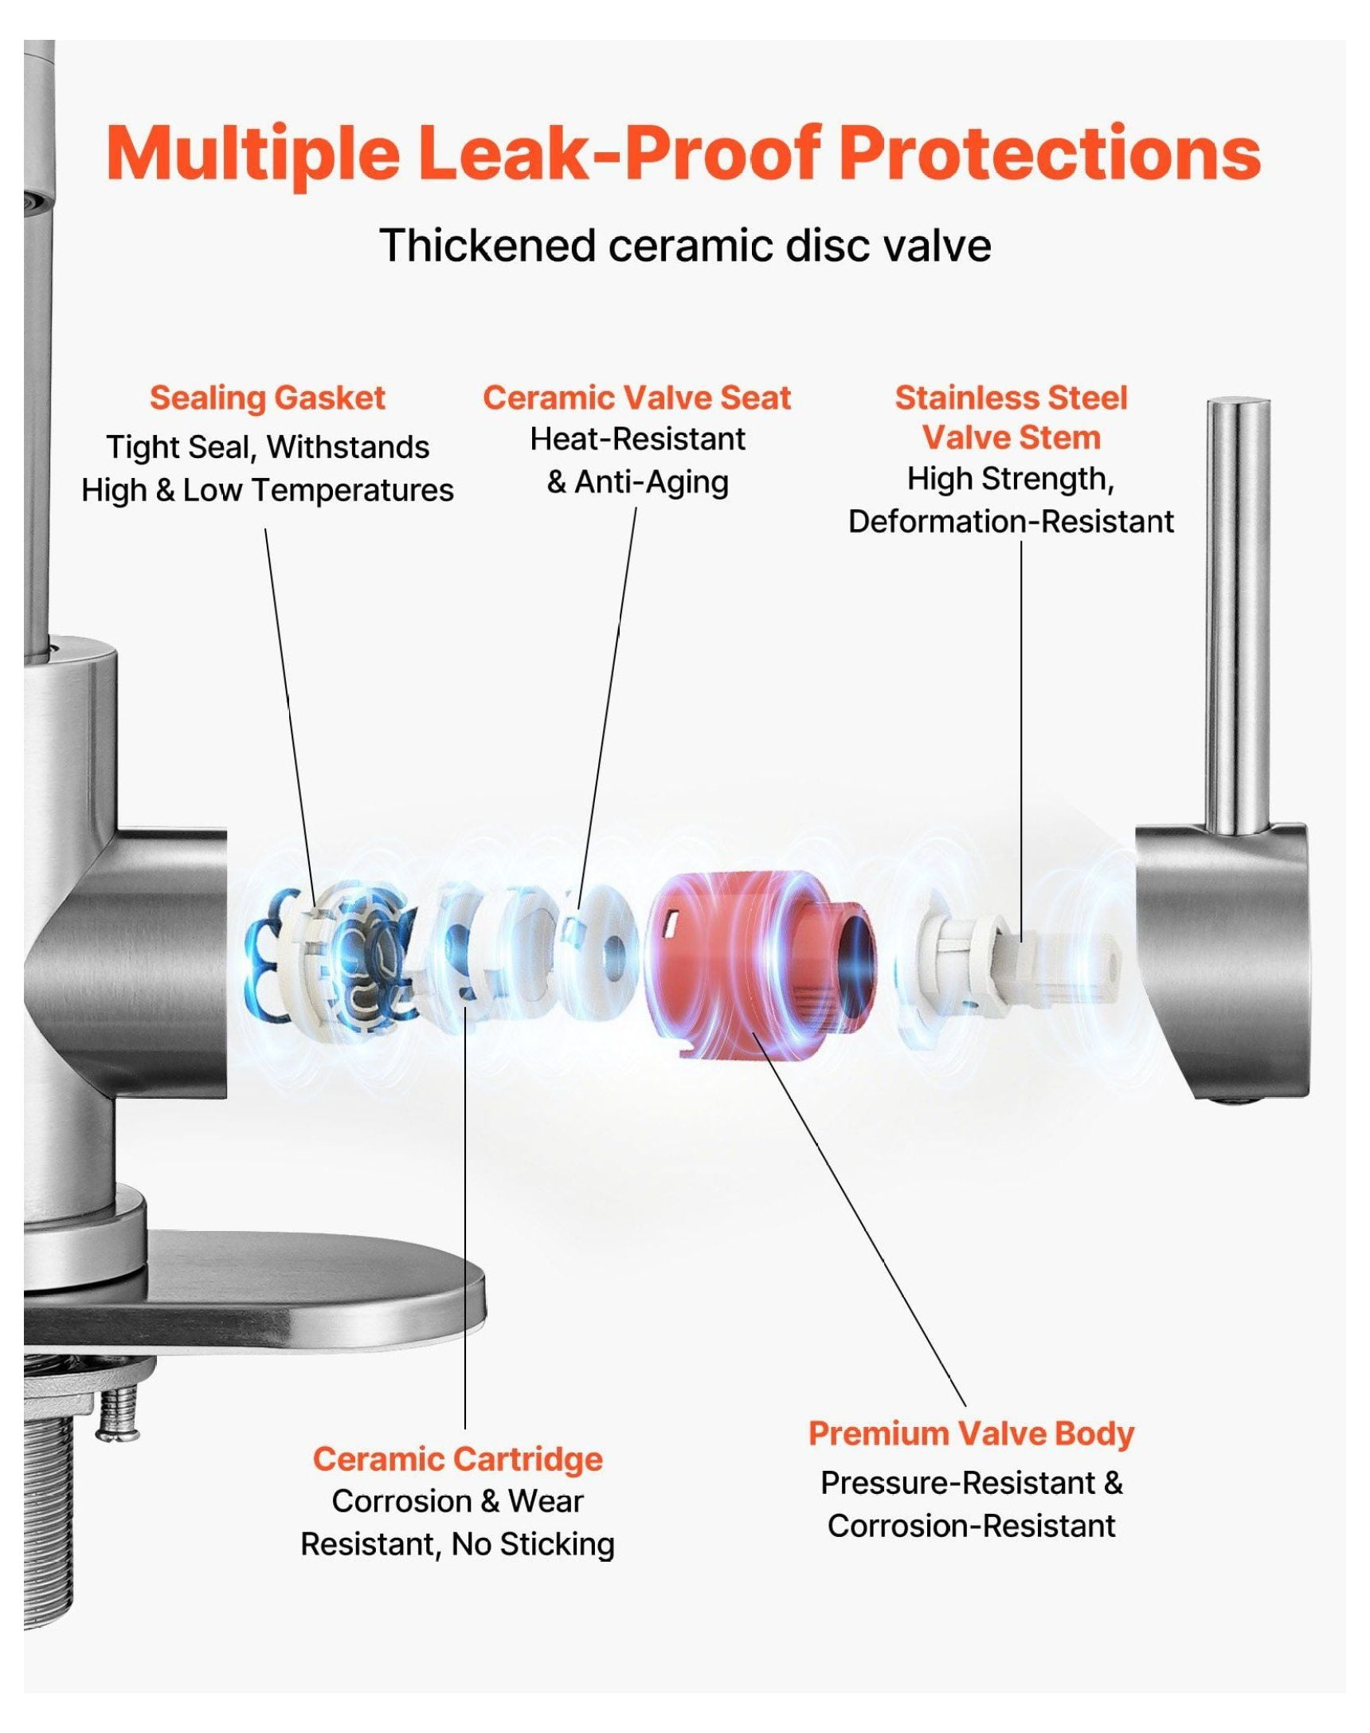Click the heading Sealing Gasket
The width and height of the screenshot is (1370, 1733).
[x=267, y=398]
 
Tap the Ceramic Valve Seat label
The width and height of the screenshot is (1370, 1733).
[x=637, y=398]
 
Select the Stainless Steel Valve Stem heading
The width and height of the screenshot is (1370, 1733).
[x=1011, y=418]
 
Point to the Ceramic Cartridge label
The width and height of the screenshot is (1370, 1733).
[x=457, y=1458]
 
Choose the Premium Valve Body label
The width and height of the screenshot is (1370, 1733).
[x=972, y=1433]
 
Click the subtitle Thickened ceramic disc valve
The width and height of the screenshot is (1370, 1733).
[x=686, y=245]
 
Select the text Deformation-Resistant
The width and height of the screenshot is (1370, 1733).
[x=1011, y=522]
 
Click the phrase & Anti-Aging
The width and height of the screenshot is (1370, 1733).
[x=638, y=482]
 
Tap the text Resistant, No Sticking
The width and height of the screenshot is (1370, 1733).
[x=457, y=1544]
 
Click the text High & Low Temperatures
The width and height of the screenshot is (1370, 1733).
[x=267, y=490]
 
